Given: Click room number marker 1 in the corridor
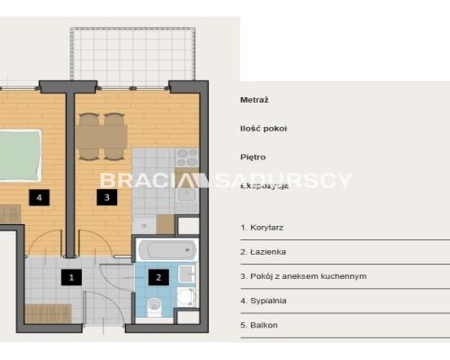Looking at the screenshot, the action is pyautogui.click(x=71, y=277).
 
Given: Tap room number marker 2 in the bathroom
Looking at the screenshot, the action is pyautogui.click(x=158, y=277).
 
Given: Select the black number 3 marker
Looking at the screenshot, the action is pyautogui.click(x=107, y=197).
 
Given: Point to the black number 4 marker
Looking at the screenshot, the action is pyautogui.click(x=40, y=197).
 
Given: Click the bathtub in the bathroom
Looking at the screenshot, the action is pyautogui.click(x=167, y=250).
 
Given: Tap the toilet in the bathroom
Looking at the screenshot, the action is pyautogui.click(x=155, y=307).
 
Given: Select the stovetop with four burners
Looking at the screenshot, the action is pyautogui.click(x=187, y=157).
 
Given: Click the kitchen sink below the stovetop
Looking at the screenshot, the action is pyautogui.click(x=187, y=195).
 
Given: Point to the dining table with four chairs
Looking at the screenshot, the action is pyautogui.click(x=102, y=137).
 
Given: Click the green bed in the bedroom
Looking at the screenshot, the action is pyautogui.click(x=20, y=155).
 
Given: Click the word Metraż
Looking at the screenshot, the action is pyautogui.click(x=255, y=100).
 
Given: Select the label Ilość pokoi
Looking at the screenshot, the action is pyautogui.click(x=264, y=129).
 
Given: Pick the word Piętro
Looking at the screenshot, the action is pyautogui.click(x=253, y=157).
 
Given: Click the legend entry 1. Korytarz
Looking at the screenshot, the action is pyautogui.click(x=262, y=228).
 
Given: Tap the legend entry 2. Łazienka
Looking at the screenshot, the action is pyautogui.click(x=263, y=252).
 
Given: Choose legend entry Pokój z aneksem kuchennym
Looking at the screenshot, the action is pyautogui.click(x=309, y=276).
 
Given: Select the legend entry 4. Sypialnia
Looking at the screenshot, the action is pyautogui.click(x=264, y=301).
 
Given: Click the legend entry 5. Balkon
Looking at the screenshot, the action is pyautogui.click(x=259, y=325).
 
